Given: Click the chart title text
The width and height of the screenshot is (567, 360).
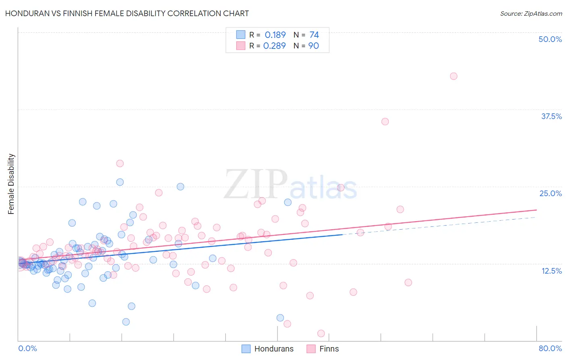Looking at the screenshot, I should (127, 13).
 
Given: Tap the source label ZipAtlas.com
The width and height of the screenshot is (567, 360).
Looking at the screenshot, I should (531, 13).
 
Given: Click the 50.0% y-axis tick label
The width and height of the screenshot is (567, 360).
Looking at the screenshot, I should (550, 39).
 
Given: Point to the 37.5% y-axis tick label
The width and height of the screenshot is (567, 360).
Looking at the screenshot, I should (551, 116).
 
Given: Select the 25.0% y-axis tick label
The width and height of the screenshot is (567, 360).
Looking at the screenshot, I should (550, 193).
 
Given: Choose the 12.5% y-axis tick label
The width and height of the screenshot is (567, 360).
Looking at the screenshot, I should (551, 271).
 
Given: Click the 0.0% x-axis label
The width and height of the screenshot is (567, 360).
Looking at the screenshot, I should (27, 348).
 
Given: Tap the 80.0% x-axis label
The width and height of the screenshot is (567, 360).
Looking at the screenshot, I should (550, 348).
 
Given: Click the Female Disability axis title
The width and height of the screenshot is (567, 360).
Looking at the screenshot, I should (11, 184).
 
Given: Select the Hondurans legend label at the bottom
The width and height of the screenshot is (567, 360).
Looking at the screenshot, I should (274, 349).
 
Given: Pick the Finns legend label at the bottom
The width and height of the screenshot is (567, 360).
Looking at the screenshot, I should (329, 349).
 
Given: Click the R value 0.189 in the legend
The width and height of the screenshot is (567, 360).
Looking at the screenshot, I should (275, 35).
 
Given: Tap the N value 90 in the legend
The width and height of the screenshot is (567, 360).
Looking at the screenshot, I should (313, 46).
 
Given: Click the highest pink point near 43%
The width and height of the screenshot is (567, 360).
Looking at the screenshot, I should (453, 76).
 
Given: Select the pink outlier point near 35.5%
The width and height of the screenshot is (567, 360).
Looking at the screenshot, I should (385, 121).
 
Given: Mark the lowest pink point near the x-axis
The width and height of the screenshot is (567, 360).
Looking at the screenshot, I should (321, 333).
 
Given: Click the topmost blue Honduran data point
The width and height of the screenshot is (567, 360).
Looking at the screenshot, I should (120, 182).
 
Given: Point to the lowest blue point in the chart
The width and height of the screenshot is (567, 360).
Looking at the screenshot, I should (126, 322).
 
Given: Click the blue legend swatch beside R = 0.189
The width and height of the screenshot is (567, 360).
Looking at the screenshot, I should (241, 35).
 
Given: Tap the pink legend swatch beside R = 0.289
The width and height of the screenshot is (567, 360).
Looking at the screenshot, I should (241, 46).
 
